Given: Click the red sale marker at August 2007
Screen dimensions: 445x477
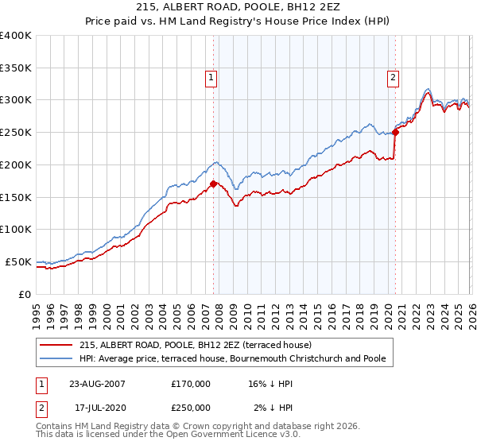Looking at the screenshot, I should (x=213, y=184).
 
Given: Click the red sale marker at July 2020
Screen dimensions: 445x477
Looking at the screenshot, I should (x=395, y=132).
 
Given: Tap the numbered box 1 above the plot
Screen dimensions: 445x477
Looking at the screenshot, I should (x=211, y=77).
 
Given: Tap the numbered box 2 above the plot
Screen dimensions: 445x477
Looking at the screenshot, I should (x=394, y=77).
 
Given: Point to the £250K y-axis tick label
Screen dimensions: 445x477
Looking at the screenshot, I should (x=16, y=133).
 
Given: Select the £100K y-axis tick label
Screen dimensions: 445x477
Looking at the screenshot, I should (x=16, y=230).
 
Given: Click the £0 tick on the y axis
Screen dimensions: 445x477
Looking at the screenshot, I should (x=25, y=294).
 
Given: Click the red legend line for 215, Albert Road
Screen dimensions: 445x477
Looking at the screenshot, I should (x=56, y=345).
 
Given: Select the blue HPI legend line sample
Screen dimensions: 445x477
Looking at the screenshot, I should (x=56, y=358).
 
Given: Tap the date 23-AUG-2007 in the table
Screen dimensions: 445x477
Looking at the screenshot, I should (x=96, y=383).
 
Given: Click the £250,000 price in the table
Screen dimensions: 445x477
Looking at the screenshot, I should (x=191, y=408).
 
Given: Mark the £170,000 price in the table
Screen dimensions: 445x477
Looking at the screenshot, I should (x=191, y=383).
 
